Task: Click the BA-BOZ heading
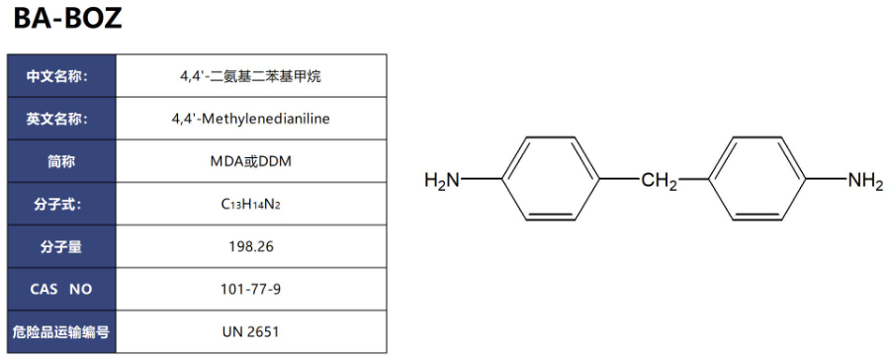[x=68, y=18]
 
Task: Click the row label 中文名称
[x=61, y=75]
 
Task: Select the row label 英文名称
[x=61, y=119]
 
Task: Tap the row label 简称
[x=61, y=161]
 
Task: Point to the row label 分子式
[x=61, y=205]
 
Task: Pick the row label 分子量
[x=61, y=247]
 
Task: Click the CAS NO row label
[x=61, y=291]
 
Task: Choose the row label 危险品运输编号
[x=61, y=333]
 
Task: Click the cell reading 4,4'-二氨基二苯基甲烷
[x=250, y=75]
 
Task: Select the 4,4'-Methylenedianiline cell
[x=250, y=119]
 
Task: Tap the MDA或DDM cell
[x=250, y=161]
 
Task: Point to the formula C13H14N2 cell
[x=250, y=205]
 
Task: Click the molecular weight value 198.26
[x=250, y=247]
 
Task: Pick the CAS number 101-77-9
[x=250, y=291]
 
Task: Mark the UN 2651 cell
[x=250, y=333]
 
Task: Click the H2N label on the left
[x=443, y=180]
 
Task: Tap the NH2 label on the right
[x=865, y=180]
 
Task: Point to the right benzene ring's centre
[x=758, y=179]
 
